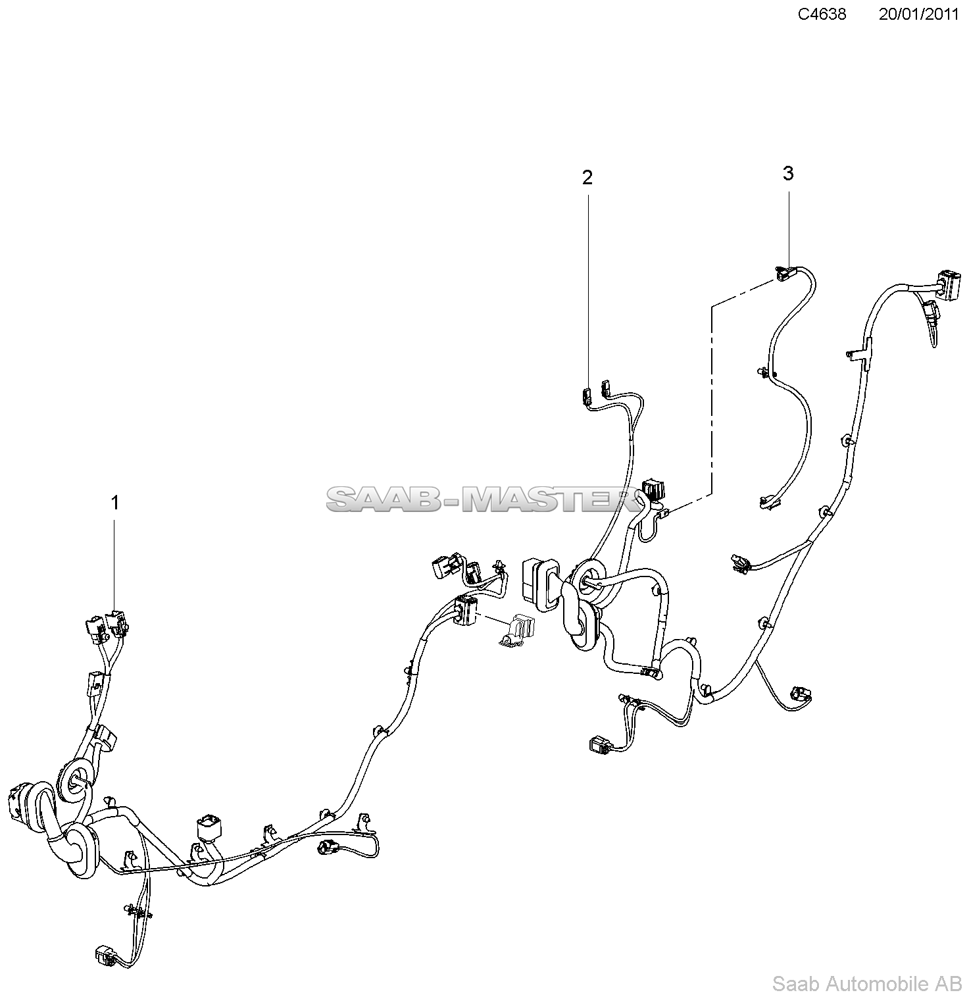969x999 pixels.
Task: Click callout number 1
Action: click(115, 503)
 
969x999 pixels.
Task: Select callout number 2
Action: click(587, 177)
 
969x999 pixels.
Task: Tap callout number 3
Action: click(787, 174)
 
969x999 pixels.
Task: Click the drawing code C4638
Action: click(822, 14)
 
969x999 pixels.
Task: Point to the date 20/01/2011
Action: click(918, 14)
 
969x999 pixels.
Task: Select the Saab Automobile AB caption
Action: click(866, 984)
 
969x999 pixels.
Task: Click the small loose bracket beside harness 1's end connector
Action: click(516, 631)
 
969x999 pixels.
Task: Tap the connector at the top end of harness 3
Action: click(784, 272)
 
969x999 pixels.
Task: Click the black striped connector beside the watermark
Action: click(652, 491)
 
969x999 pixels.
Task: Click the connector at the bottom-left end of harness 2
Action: click(600, 744)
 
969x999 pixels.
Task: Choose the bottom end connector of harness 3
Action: click(768, 502)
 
